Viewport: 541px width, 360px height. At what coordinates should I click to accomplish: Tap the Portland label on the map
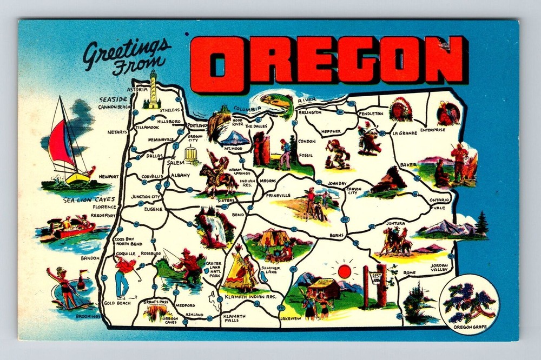click(197, 125)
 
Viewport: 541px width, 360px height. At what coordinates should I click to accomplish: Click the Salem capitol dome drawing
click(192, 155)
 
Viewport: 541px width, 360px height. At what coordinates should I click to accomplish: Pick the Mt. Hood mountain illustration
click(235, 137)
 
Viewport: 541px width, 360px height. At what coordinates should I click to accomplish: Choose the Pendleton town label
click(371, 114)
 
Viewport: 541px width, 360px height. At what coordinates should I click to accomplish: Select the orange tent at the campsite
click(268, 237)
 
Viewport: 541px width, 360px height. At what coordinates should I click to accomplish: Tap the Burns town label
click(337, 236)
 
